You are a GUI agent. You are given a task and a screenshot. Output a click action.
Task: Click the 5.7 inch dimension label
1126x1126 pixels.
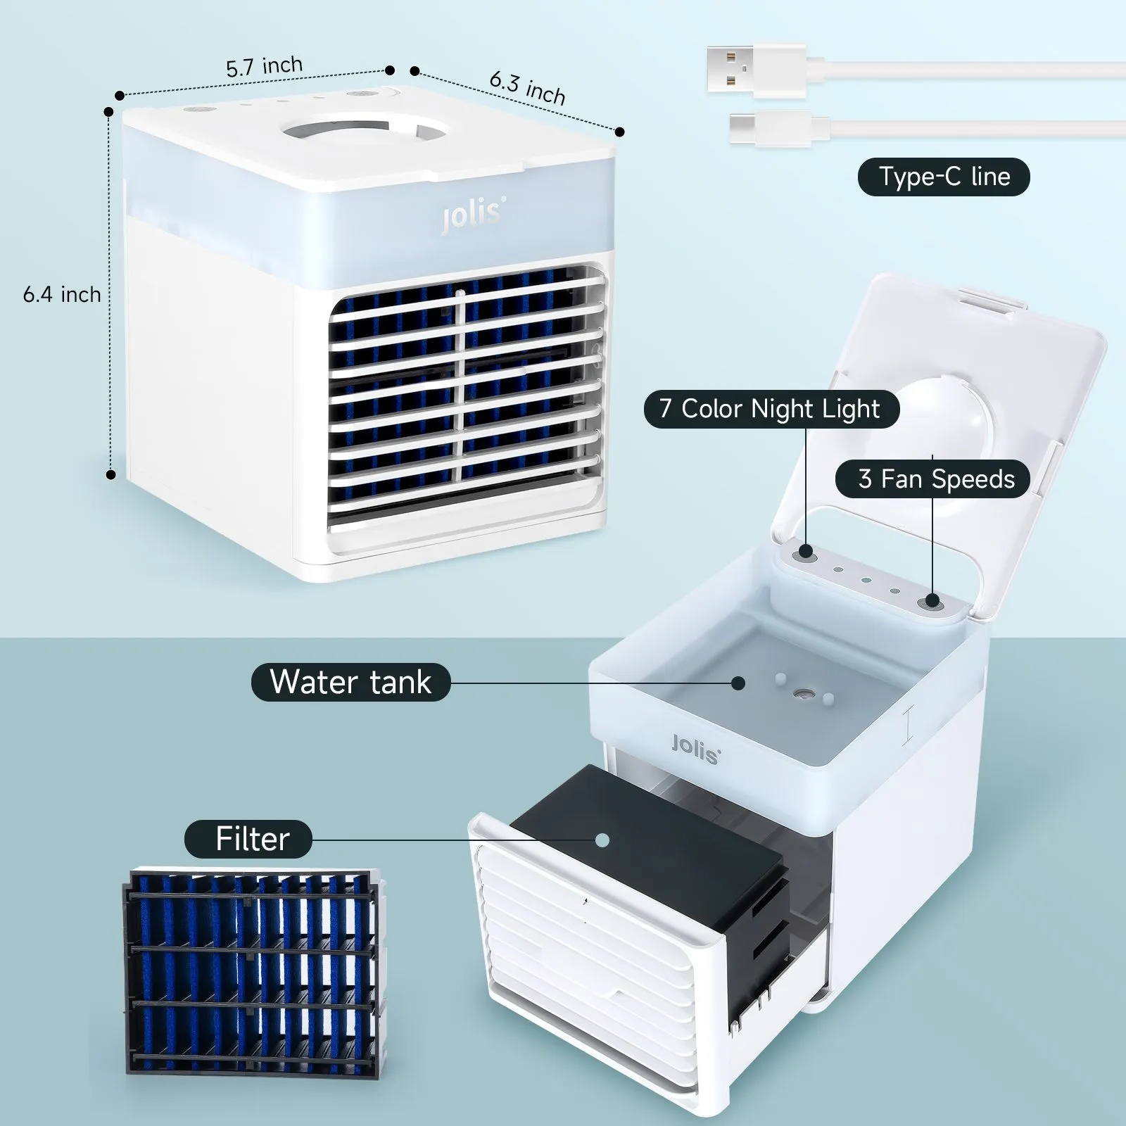point(265,67)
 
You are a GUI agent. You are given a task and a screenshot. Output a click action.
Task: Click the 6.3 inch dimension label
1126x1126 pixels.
point(528,87)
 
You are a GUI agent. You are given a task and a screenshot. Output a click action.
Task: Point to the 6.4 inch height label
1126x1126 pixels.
point(62,294)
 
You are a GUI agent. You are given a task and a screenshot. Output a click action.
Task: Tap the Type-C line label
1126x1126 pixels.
point(944,177)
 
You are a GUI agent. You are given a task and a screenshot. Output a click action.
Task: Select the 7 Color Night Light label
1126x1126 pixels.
point(771,409)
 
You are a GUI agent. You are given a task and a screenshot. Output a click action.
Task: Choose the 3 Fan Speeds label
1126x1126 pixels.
point(932,479)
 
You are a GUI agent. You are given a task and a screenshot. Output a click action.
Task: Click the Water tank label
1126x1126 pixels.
point(350,682)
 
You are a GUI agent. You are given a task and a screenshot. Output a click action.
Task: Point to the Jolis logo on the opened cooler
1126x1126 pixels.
point(696,748)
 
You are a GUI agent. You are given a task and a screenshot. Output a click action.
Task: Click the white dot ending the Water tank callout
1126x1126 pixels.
point(738,683)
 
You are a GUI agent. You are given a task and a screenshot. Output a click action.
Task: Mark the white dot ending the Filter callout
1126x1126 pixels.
point(602,840)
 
